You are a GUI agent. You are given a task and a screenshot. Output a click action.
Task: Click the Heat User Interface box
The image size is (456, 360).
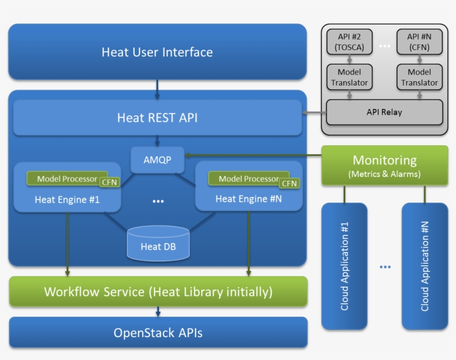point(157,52)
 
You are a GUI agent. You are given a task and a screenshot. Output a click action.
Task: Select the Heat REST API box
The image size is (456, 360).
point(157,117)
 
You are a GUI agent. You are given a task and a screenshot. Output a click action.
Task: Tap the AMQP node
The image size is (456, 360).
point(158,160)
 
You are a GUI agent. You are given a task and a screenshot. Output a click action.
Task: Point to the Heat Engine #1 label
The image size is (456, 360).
point(67,199)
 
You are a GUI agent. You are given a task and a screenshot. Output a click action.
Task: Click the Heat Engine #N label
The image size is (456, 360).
point(249,199)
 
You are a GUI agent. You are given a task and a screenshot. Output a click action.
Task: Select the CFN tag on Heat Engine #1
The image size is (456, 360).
point(109,182)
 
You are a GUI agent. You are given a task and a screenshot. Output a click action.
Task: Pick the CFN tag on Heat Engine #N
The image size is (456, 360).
point(290,183)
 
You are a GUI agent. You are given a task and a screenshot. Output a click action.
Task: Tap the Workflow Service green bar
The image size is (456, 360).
point(158,292)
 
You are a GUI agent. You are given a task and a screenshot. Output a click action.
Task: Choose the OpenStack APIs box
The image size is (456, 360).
point(158,333)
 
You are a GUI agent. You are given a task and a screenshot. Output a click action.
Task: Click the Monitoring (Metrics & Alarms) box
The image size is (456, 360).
point(384,165)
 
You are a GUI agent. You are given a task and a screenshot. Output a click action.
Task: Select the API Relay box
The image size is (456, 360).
point(384,112)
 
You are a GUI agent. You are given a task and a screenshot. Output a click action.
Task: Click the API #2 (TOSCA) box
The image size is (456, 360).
point(350,42)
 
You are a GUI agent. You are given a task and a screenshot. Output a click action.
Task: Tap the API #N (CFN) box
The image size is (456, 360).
point(419,42)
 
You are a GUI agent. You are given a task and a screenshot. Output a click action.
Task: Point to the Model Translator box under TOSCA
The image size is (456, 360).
point(350,77)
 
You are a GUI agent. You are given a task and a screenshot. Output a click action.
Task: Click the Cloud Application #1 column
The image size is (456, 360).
point(344,265)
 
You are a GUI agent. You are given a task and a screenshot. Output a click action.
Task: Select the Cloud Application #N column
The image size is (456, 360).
point(425,265)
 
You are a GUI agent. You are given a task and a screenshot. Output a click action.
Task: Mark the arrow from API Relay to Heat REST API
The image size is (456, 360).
point(314,114)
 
